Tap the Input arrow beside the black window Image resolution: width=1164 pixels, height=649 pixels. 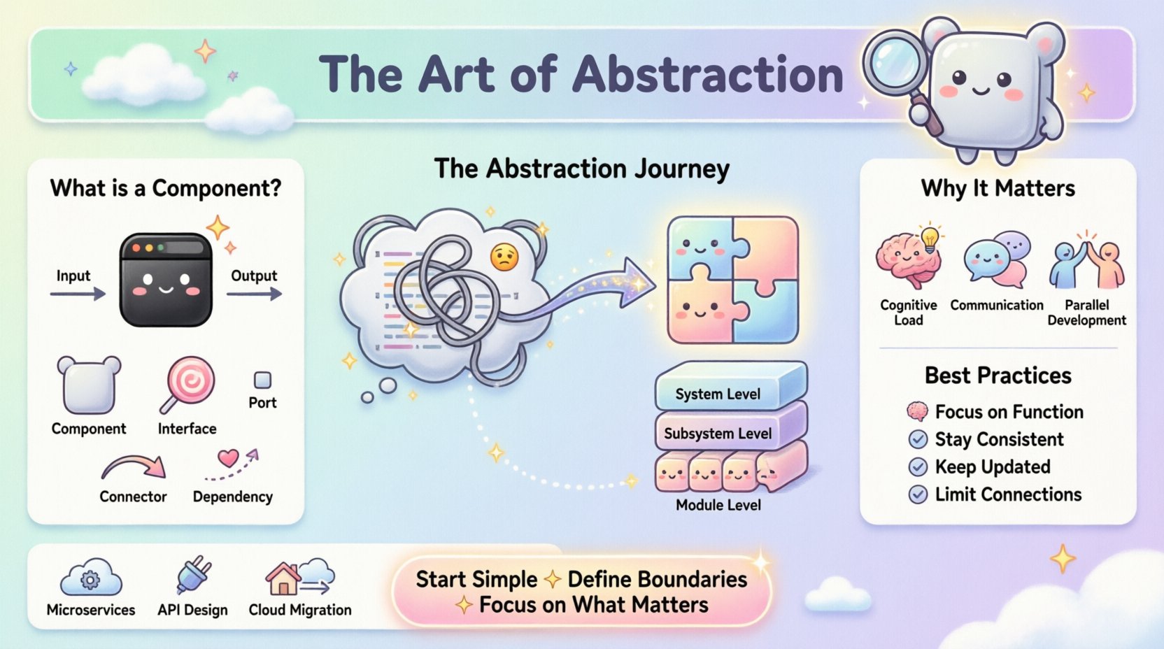78,294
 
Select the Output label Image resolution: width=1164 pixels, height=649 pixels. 254,276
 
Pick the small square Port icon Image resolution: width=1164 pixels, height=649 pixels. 262,380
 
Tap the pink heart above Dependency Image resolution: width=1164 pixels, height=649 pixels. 228,459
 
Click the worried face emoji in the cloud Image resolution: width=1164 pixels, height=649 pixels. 504,257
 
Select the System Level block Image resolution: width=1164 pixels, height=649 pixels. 721,393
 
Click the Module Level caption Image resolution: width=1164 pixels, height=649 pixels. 718,505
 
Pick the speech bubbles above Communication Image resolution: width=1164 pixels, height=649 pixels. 996,259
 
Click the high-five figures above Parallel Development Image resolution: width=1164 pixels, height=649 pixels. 1086,262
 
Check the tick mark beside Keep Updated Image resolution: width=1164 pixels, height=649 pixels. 918,467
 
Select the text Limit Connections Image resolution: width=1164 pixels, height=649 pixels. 1008,494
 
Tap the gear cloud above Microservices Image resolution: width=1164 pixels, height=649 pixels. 91,578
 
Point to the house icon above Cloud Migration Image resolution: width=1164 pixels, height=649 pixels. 283,578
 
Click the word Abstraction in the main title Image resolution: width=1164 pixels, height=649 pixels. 708,74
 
